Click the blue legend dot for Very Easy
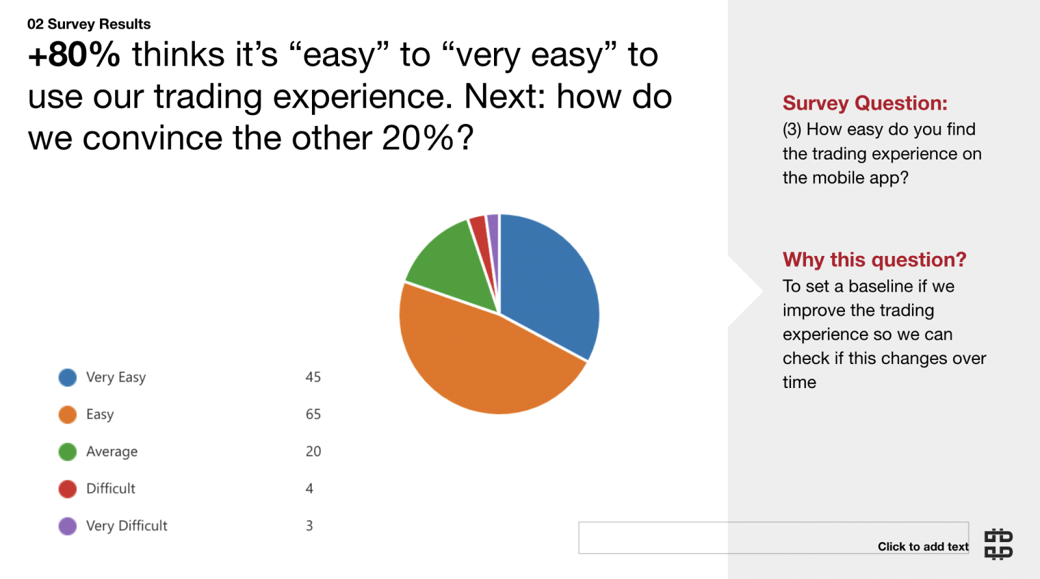click(67, 378)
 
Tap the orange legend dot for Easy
click(67, 415)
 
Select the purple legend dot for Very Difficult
click(67, 526)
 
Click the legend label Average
click(112, 451)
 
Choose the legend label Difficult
click(111, 489)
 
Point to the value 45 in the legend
click(313, 377)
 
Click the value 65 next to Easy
click(313, 414)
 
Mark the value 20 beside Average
click(313, 451)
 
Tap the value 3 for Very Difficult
click(309, 526)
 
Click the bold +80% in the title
click(75, 55)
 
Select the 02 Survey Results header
click(89, 24)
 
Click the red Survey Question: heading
click(865, 103)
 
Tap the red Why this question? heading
click(874, 259)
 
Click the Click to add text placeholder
click(923, 547)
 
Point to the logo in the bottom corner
click(998, 544)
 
